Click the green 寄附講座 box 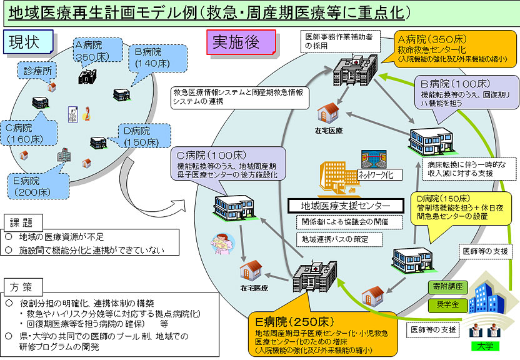coord(447,286)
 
